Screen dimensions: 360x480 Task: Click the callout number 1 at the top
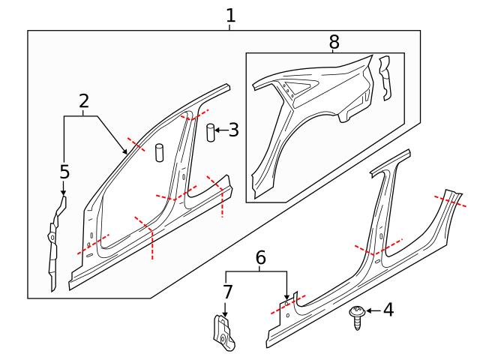230,15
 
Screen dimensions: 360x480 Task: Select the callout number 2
83,101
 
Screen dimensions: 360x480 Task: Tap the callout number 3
233,130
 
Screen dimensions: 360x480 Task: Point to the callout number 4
388,309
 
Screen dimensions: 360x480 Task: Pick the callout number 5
64,172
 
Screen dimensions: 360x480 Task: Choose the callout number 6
261,257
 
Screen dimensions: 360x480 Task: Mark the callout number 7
227,291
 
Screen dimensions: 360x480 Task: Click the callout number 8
334,42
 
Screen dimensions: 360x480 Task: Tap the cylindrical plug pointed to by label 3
211,132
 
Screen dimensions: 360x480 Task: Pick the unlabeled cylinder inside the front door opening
159,151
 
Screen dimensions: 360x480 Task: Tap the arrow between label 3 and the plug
221,130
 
